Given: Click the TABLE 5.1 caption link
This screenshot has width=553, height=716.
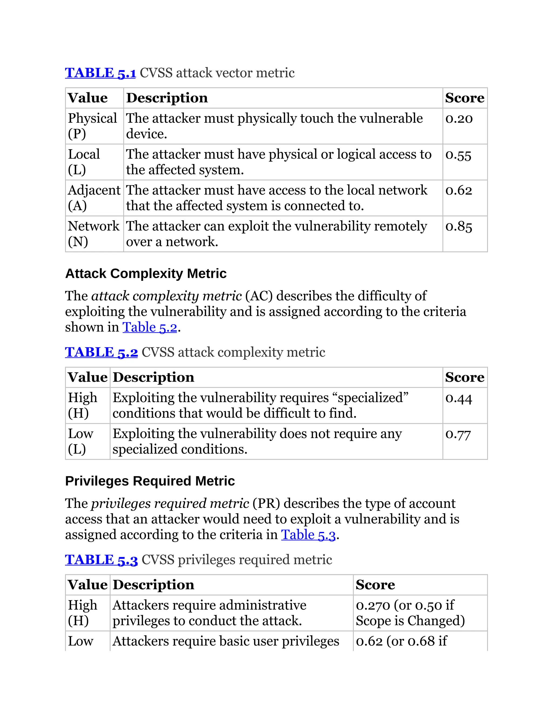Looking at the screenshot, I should tap(100, 73).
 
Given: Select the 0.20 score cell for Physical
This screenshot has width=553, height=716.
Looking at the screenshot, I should tap(459, 119).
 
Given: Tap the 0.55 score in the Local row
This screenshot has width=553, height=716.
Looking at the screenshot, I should tap(458, 155).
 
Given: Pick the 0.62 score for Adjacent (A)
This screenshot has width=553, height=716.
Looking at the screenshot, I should tap(459, 191).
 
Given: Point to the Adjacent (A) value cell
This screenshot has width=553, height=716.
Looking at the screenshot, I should tap(94, 198).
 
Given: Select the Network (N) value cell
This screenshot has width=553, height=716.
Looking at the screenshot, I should tap(93, 234).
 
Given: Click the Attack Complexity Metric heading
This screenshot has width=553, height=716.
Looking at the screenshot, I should tap(146, 273).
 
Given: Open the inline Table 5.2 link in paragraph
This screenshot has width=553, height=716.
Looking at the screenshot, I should tap(150, 327).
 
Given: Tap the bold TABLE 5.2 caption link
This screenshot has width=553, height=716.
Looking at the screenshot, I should tap(101, 352).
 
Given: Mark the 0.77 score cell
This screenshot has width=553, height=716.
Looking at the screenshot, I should tap(458, 434).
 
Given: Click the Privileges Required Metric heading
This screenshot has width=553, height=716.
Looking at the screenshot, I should tap(150, 481).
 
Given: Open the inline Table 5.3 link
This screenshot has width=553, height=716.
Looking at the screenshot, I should tap(308, 535).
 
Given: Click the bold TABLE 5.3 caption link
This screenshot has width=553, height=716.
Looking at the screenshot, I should tap(101, 560).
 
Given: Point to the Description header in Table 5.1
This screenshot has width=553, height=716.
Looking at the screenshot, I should tap(167, 98).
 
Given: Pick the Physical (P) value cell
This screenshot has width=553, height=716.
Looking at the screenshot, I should tap(92, 126).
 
